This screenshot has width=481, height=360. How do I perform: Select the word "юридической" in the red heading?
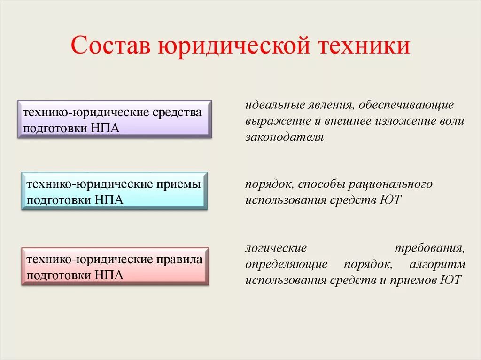point(233,47)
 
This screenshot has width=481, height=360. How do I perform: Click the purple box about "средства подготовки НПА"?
point(115,119)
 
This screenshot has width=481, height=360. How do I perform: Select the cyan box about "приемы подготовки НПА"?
point(115,191)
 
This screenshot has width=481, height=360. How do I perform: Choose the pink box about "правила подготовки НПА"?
point(115,266)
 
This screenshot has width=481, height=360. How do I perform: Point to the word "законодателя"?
point(284,138)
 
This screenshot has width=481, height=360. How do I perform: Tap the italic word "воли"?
point(452,121)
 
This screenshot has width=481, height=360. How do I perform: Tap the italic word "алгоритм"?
point(437,264)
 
